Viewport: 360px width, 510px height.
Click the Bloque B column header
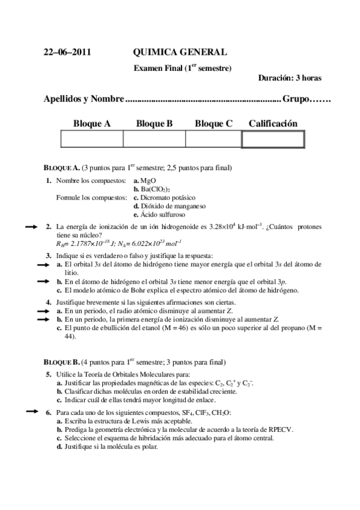click(x=154, y=123)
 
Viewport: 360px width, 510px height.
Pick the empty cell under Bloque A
click(x=92, y=139)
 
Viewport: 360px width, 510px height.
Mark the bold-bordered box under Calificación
click(x=273, y=139)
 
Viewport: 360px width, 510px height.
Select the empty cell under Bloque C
click(x=213, y=139)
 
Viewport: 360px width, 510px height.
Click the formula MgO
click(x=148, y=180)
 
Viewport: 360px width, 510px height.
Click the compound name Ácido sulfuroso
click(x=163, y=214)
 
